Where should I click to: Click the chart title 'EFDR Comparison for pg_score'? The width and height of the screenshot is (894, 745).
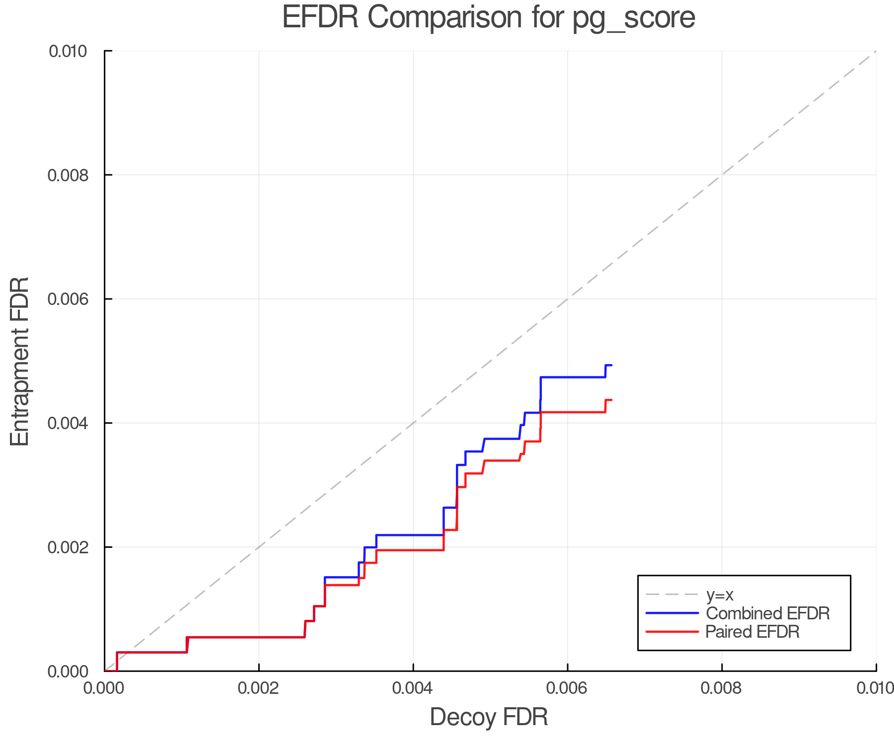click(489, 17)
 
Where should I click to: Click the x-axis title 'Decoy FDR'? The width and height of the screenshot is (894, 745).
click(489, 717)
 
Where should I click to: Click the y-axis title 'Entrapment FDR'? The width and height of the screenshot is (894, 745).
click(20, 361)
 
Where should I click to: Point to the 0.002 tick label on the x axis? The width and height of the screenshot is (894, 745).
click(258, 688)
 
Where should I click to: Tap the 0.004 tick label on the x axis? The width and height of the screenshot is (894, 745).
click(413, 688)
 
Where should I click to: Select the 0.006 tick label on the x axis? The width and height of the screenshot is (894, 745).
click(567, 688)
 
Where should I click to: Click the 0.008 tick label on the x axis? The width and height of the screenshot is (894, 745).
click(721, 688)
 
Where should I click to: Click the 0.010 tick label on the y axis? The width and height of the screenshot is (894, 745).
click(68, 51)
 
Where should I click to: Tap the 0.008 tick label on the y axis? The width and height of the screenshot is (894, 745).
click(68, 175)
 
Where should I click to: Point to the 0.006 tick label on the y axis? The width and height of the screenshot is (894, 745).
click(68, 299)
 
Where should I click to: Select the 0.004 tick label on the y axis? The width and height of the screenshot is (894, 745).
click(68, 423)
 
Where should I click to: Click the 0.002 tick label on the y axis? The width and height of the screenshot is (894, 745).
click(68, 547)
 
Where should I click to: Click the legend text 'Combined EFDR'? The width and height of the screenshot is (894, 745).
click(767, 613)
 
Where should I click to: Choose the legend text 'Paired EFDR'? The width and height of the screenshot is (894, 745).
click(752, 632)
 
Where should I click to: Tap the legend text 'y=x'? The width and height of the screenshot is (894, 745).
click(720, 595)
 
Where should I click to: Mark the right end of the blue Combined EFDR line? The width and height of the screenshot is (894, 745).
click(611, 365)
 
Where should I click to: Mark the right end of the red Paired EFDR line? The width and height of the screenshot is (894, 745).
click(611, 400)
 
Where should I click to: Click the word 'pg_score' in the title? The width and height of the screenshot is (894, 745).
click(634, 18)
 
